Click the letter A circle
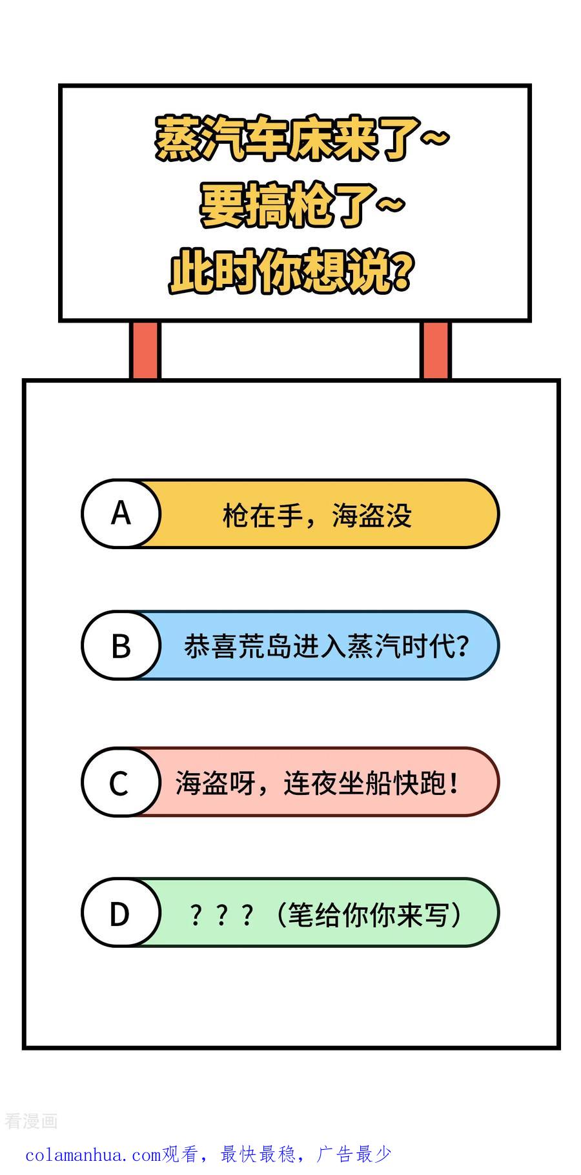coord(121,514)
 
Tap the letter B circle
coord(121,645)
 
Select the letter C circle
coord(121,782)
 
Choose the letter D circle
coord(121,912)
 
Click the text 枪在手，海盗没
coord(317,516)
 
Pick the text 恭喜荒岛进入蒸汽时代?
coord(327,646)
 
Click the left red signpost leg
coord(145,350)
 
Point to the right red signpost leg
coord(436,350)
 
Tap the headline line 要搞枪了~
coord(302,205)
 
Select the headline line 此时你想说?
coord(290,272)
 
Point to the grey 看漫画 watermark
coord(31,1121)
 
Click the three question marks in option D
coord(221,916)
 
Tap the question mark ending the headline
coord(402,272)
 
